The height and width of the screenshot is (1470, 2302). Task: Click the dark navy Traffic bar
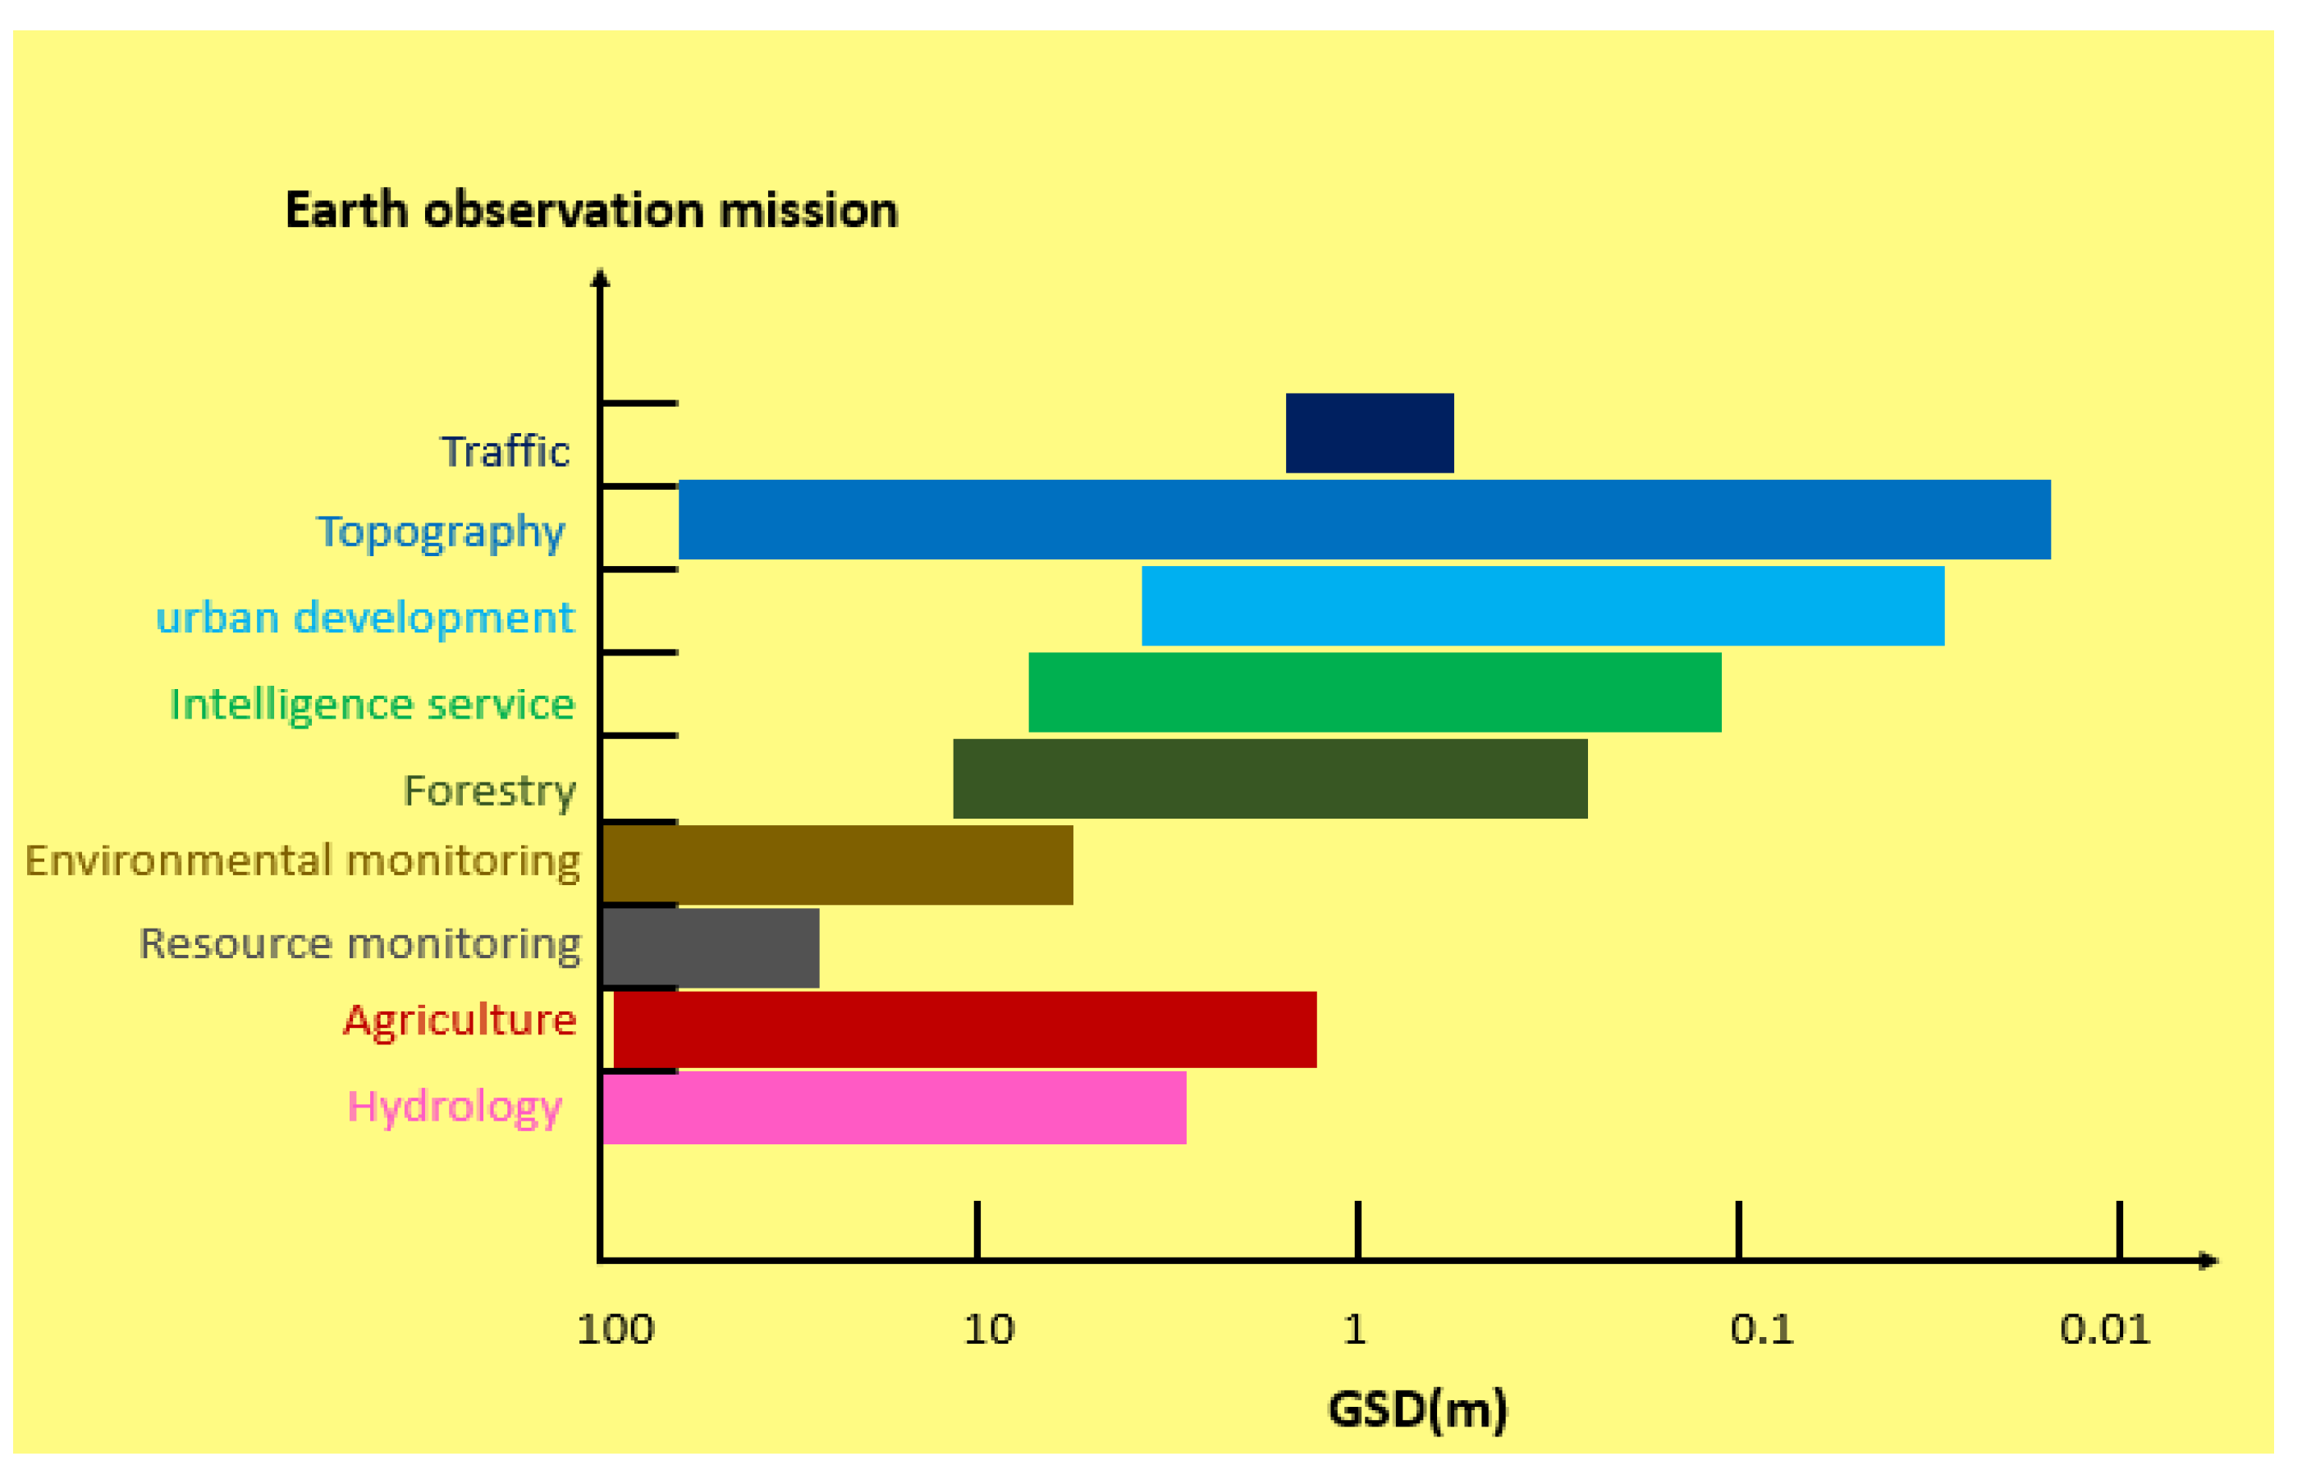point(1369,433)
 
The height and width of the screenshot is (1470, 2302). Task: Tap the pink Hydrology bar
point(894,1107)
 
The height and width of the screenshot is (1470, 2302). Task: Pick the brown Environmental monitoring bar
point(837,865)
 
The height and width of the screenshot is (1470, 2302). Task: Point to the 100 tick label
point(616,1331)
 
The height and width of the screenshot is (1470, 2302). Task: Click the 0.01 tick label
point(2104,1331)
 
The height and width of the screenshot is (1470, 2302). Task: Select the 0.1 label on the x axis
point(1761,1331)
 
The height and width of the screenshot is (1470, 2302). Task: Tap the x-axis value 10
point(987,1331)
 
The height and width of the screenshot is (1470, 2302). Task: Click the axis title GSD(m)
point(1416,1410)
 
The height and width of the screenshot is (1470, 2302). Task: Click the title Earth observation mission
point(592,210)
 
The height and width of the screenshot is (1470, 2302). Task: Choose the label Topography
point(441,532)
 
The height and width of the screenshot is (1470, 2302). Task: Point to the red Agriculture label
point(460,1020)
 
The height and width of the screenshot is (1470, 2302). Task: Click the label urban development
point(365,618)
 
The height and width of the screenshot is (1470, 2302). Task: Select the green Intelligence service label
point(372,705)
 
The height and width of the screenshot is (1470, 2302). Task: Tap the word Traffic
point(505,452)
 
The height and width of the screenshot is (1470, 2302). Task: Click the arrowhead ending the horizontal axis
point(2208,1261)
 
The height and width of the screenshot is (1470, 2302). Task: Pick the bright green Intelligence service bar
point(1374,692)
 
